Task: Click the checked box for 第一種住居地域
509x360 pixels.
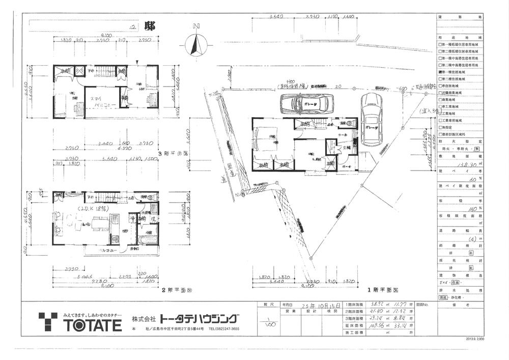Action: (x=440, y=72)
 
